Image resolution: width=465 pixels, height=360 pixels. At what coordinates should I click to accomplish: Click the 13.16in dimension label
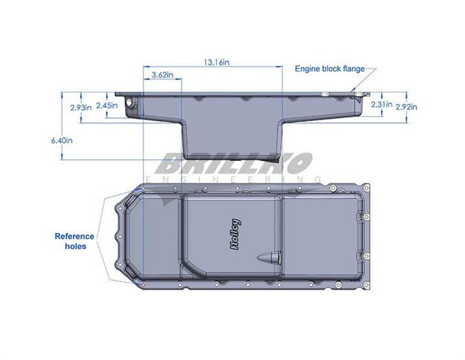216,62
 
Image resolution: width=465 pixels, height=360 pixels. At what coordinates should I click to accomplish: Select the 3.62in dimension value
162,75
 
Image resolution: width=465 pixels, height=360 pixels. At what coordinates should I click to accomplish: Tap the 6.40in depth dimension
62,140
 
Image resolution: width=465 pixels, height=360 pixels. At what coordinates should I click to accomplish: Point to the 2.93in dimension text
81,107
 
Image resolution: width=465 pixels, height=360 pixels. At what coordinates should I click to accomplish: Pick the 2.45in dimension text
107,105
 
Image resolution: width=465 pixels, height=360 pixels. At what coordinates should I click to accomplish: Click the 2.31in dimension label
382,105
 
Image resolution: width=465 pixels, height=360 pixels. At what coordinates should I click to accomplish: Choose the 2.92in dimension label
406,107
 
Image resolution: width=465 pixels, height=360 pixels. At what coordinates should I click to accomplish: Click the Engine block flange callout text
330,69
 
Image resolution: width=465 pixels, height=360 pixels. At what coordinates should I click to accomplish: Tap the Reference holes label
75,242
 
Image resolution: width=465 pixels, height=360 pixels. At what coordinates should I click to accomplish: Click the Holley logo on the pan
235,234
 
